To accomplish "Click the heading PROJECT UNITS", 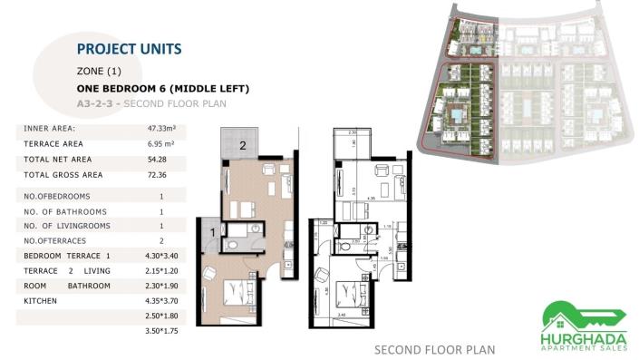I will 129,49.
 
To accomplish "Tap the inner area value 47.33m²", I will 161,129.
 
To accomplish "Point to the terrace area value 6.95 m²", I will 161,144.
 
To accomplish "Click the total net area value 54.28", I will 160,160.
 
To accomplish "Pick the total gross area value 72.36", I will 160,175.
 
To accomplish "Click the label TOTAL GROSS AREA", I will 63,175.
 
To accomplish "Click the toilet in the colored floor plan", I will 234,244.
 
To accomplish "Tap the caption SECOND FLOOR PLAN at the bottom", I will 435,349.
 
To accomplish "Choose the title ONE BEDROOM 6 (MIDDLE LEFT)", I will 162,89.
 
